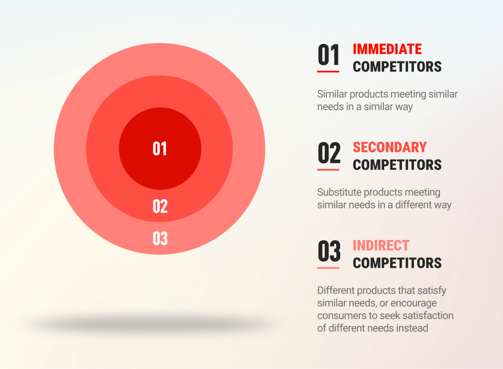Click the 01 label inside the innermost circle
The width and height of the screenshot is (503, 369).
coord(160,148)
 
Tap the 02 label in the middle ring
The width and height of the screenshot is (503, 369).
coord(160,206)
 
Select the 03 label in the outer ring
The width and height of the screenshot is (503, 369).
coord(160,239)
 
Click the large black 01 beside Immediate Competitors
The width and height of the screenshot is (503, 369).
coord(328,55)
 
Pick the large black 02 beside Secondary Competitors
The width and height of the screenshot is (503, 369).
coord(329,153)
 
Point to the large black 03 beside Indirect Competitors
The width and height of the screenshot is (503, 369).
coord(329,251)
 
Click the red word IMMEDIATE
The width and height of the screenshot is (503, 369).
coord(387,49)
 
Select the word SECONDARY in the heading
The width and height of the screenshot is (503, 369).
coord(390,147)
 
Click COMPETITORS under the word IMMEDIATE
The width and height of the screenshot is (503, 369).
coord(397,67)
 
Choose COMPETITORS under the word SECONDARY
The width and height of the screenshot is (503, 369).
coord(397,165)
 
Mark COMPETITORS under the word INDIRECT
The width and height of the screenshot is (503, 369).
coord(397,263)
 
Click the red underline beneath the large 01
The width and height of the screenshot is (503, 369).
coord(328,72)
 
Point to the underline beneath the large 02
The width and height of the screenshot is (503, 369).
coord(328,170)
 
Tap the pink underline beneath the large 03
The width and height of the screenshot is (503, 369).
coord(328,268)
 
